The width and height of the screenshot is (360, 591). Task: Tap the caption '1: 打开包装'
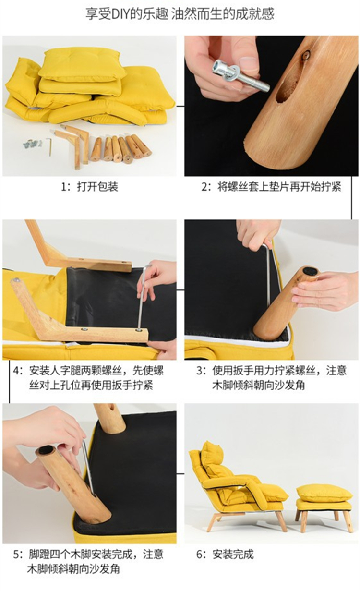[90, 187]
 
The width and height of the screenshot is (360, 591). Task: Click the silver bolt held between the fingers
[241, 76]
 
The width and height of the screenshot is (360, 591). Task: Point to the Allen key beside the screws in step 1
[49, 147]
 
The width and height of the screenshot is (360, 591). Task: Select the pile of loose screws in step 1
[32, 144]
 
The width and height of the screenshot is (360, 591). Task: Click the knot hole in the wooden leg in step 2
[306, 55]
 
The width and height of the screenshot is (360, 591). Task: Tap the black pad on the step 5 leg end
[46, 449]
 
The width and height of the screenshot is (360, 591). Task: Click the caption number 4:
[17, 371]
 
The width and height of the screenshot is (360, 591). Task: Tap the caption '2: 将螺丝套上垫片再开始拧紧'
[271, 187]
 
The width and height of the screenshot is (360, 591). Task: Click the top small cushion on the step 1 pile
[82, 64]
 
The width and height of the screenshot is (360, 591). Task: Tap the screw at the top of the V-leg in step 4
[17, 280]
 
